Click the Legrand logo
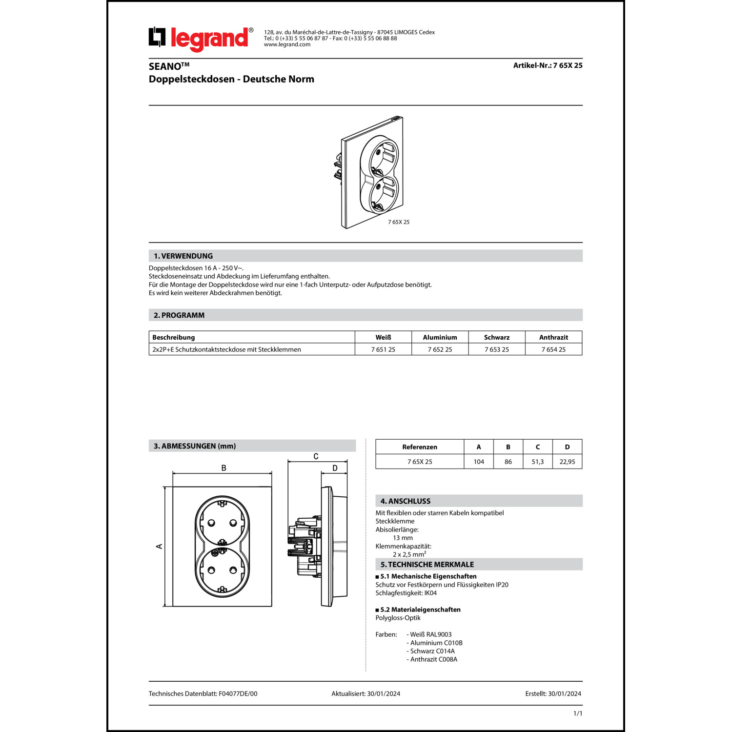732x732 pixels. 201,39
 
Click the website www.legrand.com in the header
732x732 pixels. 287,44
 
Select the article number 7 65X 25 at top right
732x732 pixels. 548,65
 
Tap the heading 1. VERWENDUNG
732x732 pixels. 183,256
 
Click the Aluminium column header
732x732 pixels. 440,337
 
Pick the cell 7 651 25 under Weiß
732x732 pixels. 383,349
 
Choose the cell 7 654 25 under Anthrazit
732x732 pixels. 553,349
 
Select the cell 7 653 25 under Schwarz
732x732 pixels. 496,349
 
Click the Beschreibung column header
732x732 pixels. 173,337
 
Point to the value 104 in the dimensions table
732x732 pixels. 479,462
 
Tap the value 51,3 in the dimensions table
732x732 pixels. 537,462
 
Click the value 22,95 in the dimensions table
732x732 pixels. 567,462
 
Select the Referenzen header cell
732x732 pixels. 420,447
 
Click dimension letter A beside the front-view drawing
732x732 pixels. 159,547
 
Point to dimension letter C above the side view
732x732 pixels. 316,457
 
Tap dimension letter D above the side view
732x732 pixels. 335,468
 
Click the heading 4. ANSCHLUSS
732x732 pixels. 405,501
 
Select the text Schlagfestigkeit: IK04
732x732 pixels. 406,593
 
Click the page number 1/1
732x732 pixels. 577,713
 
